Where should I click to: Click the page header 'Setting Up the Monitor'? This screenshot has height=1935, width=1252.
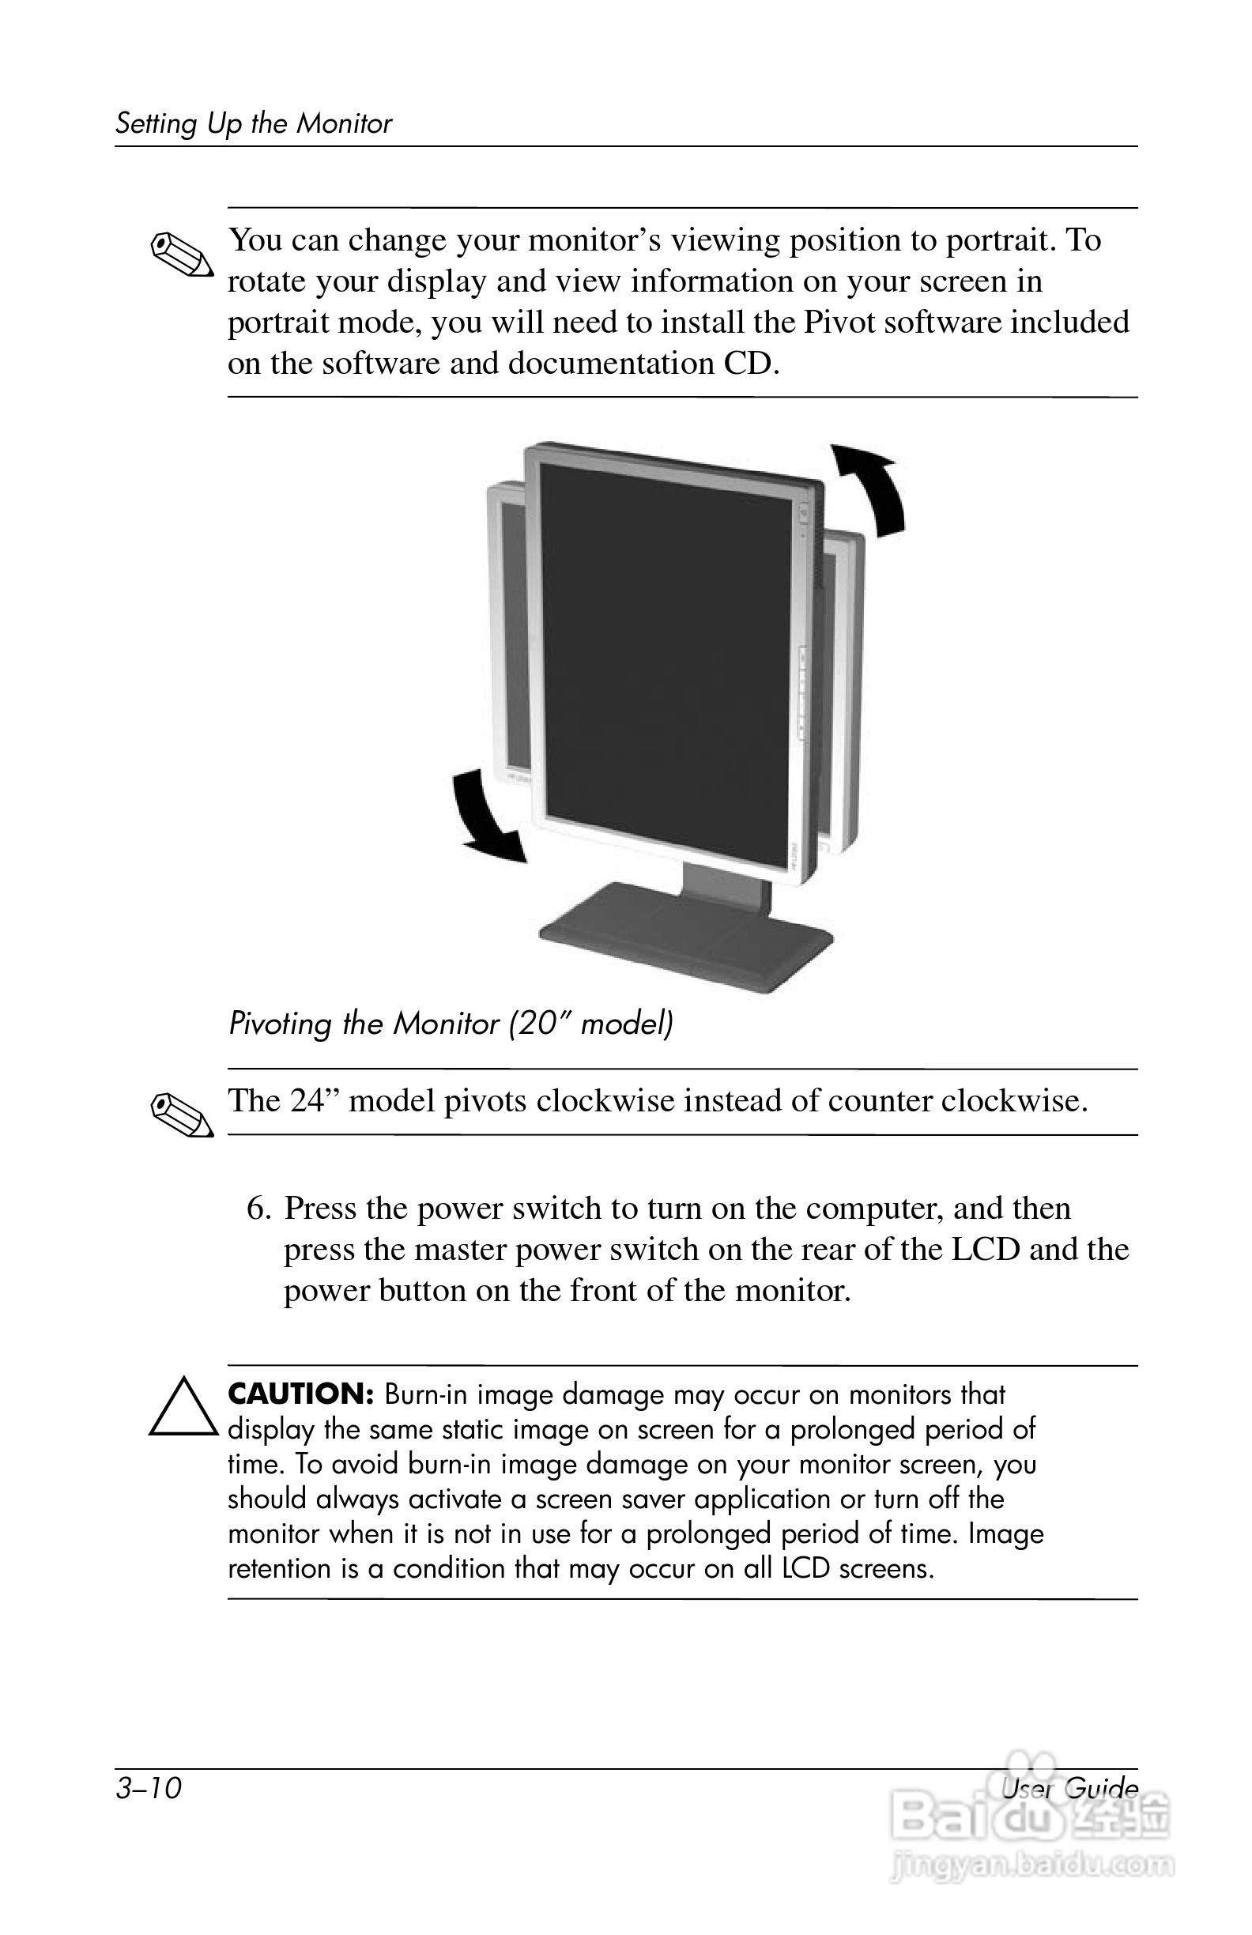253,123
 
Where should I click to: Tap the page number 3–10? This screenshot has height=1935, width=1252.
149,1789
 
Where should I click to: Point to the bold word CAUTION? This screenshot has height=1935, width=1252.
300,1394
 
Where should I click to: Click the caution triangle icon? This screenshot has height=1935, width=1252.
183,1407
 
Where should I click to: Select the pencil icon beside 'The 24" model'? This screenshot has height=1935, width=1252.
182,1115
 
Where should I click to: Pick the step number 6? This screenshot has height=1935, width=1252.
258,1208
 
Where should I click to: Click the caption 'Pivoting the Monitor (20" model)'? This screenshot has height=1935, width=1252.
451,1023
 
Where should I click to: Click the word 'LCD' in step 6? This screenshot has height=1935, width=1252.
986,1250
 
